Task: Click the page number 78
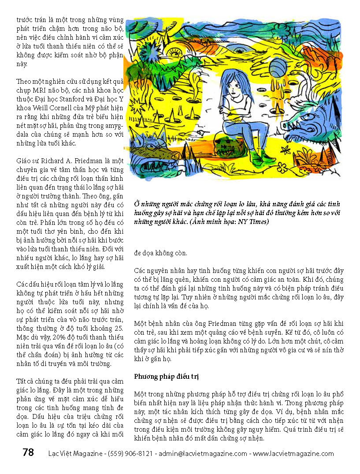28,452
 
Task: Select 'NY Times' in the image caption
252,222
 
